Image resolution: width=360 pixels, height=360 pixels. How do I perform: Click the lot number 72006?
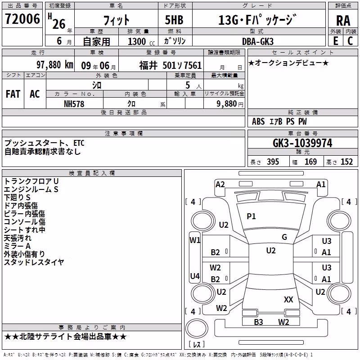click(x=22, y=18)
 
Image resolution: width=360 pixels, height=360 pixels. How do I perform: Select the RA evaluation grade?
click(x=343, y=21)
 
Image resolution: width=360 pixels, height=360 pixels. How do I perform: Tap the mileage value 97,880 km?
click(x=55, y=65)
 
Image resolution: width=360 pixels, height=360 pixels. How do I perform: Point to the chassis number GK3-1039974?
click(x=302, y=143)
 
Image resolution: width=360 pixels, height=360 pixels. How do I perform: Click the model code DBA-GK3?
click(x=258, y=41)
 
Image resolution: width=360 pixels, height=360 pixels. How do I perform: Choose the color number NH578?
click(x=74, y=104)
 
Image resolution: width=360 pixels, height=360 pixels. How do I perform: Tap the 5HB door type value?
click(x=174, y=20)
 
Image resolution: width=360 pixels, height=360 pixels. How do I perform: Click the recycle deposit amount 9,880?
click(x=227, y=104)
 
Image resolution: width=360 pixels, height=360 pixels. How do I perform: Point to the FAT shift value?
click(x=13, y=94)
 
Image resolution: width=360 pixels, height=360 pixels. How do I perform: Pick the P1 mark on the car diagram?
click(x=251, y=216)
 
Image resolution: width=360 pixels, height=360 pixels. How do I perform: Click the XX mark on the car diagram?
click(x=288, y=299)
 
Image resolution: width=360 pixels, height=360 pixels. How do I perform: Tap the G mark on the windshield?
click(x=284, y=237)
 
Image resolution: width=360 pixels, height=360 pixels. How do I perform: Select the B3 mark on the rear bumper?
click(x=258, y=322)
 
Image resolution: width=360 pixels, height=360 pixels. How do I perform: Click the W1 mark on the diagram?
click(x=195, y=240)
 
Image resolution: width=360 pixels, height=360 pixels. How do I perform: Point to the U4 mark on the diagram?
click(x=195, y=276)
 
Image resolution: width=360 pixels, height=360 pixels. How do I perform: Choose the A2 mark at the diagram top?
click(x=220, y=184)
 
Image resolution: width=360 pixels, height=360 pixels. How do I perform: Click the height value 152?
click(x=346, y=162)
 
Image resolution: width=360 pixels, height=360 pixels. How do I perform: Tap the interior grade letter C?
click(x=350, y=41)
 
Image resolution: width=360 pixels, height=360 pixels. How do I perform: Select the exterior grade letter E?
click(x=336, y=41)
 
